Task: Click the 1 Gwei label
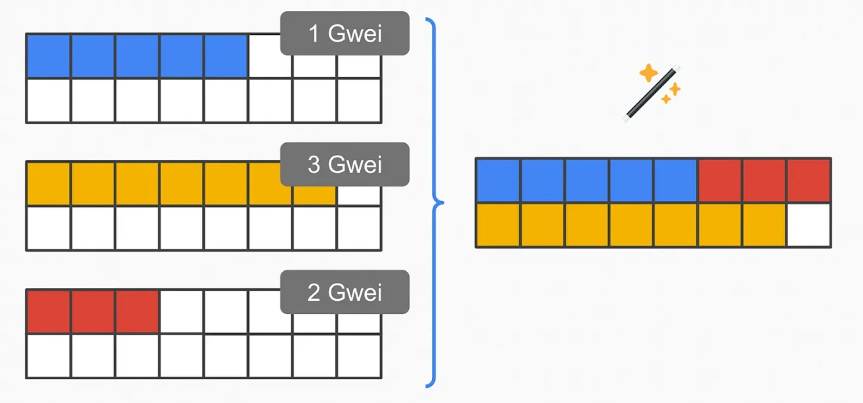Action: [x=345, y=34]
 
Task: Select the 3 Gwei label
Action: [x=345, y=164]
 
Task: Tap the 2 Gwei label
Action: [x=345, y=292]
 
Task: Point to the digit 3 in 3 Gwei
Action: [x=314, y=164]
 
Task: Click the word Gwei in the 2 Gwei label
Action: [x=354, y=292]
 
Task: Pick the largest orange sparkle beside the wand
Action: [x=649, y=73]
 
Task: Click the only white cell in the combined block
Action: [x=808, y=225]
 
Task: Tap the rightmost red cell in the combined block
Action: [x=808, y=180]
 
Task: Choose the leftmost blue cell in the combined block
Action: [x=498, y=180]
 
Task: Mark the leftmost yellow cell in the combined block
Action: [x=498, y=225]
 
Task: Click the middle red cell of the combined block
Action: [x=764, y=180]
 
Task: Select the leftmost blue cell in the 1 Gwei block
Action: [x=49, y=56]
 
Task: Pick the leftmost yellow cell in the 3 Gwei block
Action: [x=49, y=184]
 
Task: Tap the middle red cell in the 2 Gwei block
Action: [x=93, y=311]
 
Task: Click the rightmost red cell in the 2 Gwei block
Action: [x=137, y=311]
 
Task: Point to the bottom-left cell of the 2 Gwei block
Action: [x=49, y=356]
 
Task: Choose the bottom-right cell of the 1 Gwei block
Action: [x=359, y=100]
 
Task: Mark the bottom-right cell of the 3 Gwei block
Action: [x=359, y=228]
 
